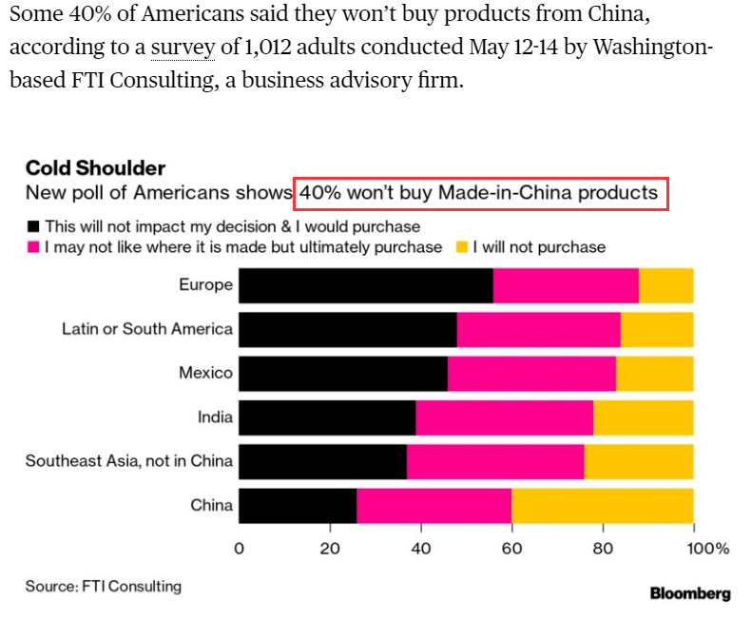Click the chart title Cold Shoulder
(95, 168)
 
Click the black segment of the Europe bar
(365, 285)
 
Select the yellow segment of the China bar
(603, 505)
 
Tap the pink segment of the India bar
(505, 417)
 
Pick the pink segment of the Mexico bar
(531, 373)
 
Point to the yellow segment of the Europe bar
(665, 285)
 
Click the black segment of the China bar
(298, 505)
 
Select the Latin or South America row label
(147, 329)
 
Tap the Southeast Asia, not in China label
(129, 461)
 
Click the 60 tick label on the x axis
(512, 549)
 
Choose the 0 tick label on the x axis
(239, 549)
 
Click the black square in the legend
(33, 226)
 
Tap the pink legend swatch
(33, 247)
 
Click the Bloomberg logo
(690, 593)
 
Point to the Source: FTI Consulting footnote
(103, 586)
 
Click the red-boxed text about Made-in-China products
(479, 193)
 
